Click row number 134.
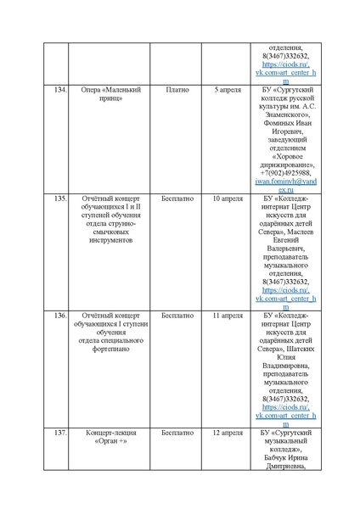pyautogui.click(x=59, y=88)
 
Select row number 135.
pyautogui.click(x=59, y=198)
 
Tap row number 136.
pyautogui.click(x=59, y=315)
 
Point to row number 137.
pyautogui.click(x=59, y=433)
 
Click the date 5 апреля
pyautogui.click(x=227, y=88)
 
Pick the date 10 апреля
pyautogui.click(x=227, y=198)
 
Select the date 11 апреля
pyautogui.click(x=227, y=315)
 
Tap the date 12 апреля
pyautogui.click(x=227, y=433)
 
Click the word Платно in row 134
pyautogui.click(x=177, y=88)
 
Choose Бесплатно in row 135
pyautogui.click(x=177, y=198)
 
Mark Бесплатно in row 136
pyautogui.click(x=177, y=315)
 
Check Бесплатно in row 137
pyautogui.click(x=177, y=433)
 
